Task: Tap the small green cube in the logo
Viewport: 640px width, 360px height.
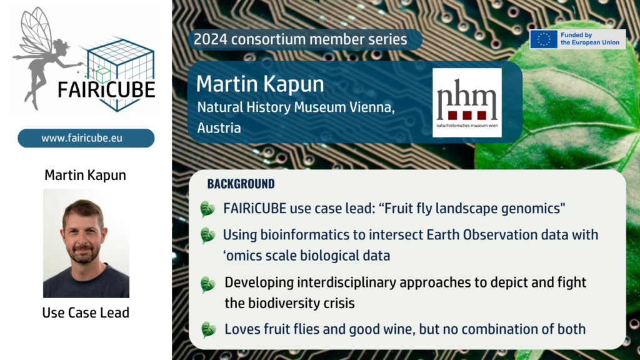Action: pos(103,75)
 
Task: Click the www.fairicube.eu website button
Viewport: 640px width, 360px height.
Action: pos(86,138)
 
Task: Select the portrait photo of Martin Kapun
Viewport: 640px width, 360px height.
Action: pos(86,243)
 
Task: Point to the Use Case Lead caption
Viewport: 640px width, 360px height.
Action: pos(86,312)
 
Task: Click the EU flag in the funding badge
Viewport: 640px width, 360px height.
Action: pos(544,39)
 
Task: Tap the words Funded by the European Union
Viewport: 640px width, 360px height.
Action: pos(590,39)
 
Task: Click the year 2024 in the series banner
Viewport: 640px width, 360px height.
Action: pos(210,39)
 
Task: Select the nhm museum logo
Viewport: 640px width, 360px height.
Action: pos(467,102)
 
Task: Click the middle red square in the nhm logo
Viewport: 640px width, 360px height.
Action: pos(467,116)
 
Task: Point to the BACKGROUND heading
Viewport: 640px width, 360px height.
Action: pos(241,184)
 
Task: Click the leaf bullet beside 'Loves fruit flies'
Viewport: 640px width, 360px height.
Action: pos(208,329)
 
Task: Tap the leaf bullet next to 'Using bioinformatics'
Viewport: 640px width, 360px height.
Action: pos(207,236)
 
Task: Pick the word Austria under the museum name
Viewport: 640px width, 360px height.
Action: pos(219,127)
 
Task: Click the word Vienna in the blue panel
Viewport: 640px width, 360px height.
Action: pos(372,107)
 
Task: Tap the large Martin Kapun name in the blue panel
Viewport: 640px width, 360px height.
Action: pos(260,84)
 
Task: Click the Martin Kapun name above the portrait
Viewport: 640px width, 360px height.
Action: pos(85,175)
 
